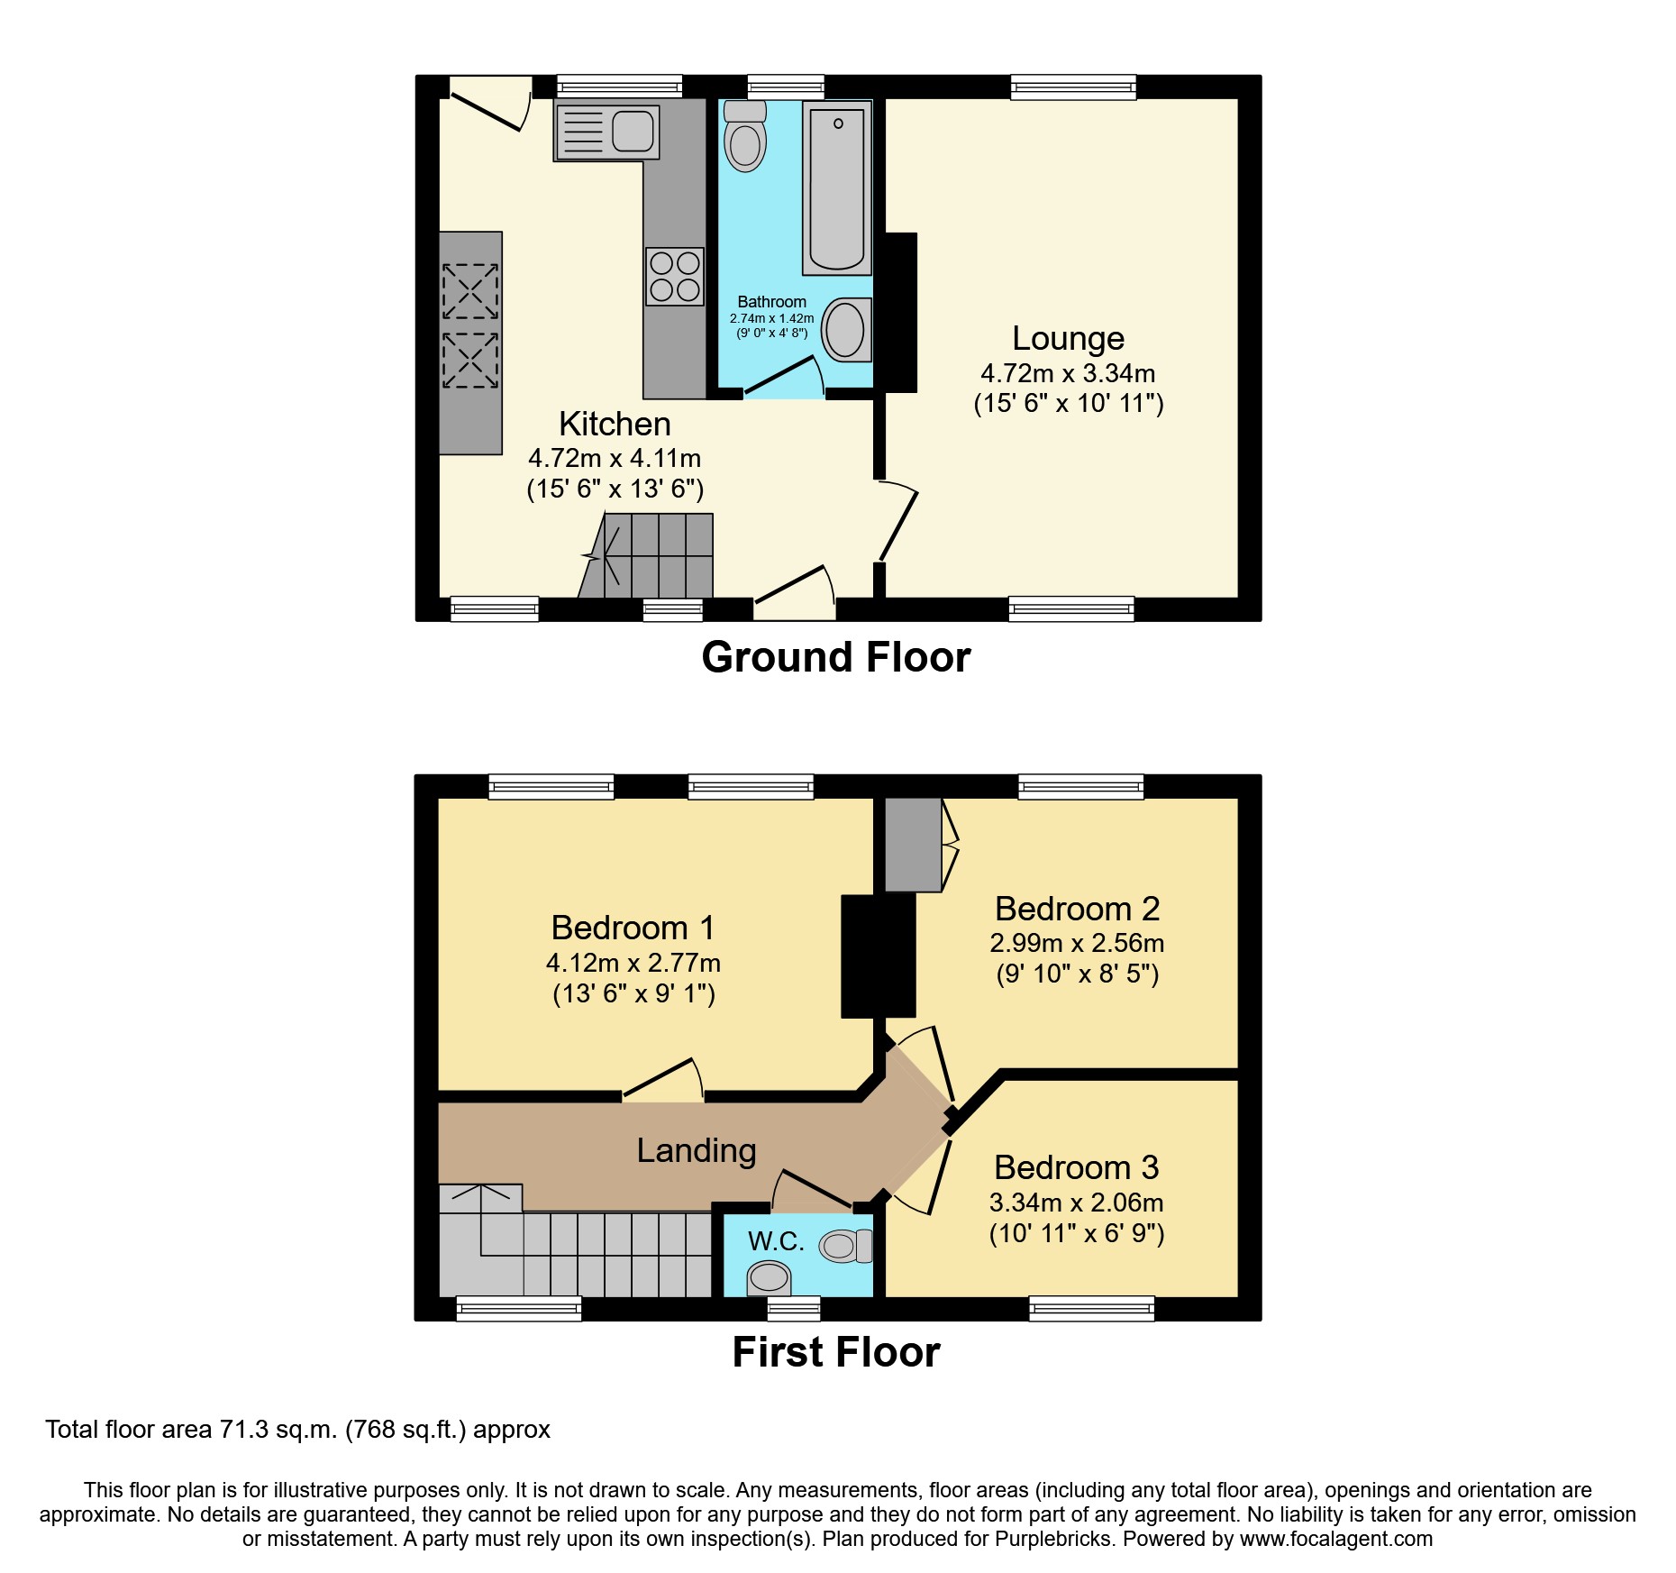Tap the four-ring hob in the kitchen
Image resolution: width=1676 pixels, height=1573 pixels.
click(675, 276)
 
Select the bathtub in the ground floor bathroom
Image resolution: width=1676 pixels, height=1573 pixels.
click(837, 187)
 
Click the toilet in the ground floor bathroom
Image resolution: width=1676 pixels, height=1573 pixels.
click(745, 141)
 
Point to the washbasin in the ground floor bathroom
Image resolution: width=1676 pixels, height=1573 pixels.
click(846, 329)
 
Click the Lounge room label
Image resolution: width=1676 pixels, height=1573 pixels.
click(1068, 338)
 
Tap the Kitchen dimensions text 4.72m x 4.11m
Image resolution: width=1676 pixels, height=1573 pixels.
click(615, 458)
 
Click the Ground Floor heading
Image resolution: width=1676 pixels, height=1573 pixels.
click(835, 657)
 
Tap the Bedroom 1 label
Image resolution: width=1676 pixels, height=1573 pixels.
click(633, 927)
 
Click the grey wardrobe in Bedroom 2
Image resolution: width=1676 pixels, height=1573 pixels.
click(912, 845)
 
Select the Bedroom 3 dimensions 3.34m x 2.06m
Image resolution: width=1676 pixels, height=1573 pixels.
click(1076, 1203)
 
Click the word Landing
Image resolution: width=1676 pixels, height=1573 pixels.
click(696, 1150)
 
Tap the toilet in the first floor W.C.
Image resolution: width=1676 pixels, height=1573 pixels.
click(844, 1246)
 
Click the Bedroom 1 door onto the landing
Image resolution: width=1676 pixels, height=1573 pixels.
click(662, 1080)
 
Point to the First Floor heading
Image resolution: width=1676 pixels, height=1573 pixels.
click(835, 1352)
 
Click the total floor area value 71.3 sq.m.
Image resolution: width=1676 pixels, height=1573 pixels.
click(278, 1430)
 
